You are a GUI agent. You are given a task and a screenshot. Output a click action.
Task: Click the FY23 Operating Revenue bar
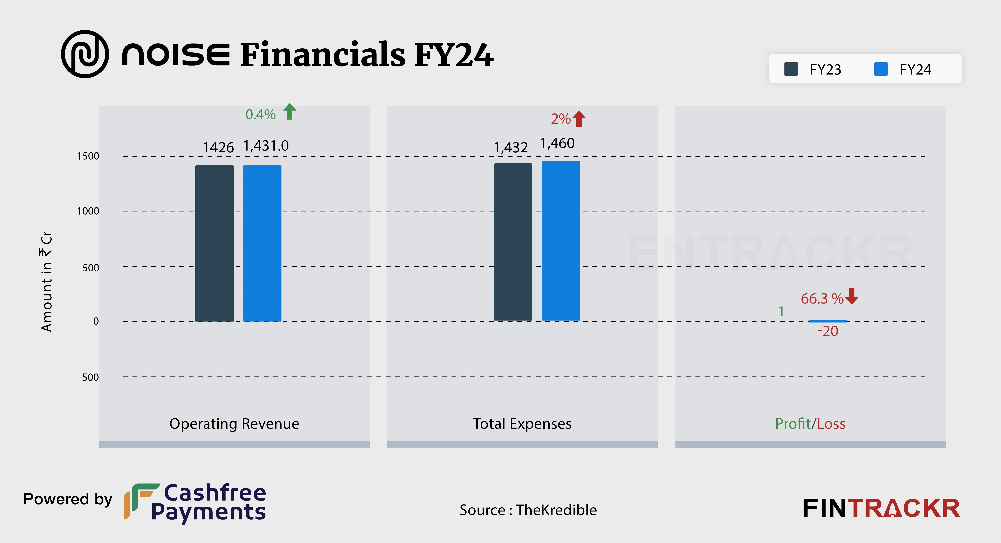click(214, 243)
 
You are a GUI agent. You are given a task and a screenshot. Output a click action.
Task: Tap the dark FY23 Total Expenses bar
click(513, 242)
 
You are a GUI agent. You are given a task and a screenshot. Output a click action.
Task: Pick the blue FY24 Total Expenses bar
click(561, 241)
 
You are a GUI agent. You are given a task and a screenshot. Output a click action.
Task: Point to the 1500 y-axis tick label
click(88, 156)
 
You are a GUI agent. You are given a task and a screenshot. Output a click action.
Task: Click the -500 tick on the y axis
click(89, 377)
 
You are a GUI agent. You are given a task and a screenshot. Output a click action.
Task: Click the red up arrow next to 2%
click(579, 119)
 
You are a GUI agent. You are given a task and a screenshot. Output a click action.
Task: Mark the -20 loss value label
click(828, 331)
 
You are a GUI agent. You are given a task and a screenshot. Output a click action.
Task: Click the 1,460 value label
click(557, 143)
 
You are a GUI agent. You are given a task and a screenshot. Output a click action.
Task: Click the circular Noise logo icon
click(85, 54)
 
